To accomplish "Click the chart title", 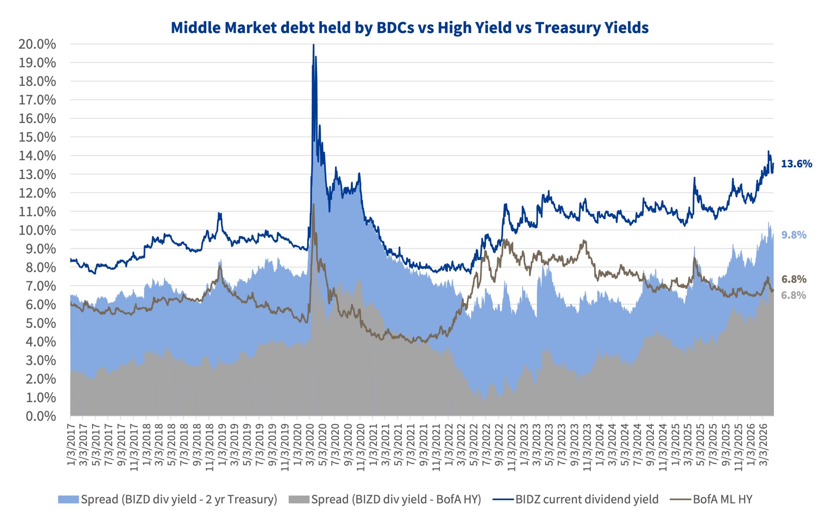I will coord(410,28).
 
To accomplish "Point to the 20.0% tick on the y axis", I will coord(37,44).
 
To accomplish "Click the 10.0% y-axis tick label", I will coord(37,230).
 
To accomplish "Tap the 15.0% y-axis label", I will coord(37,137).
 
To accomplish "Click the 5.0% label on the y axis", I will coord(40,323).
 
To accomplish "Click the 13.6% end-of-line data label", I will coord(796,163).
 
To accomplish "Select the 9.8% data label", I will coord(794,235).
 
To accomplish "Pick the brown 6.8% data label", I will coord(794,279).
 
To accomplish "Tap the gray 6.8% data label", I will coord(794,295).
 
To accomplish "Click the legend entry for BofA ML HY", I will coord(723,499).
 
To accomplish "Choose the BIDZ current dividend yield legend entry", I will coord(587,499).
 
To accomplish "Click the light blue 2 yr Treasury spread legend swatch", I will coord(69,499).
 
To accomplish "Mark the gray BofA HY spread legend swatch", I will coord(299,499).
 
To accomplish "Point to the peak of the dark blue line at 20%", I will coord(313,45).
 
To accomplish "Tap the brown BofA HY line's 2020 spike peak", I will coord(313,205).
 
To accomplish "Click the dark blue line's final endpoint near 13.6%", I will coord(773,163).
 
